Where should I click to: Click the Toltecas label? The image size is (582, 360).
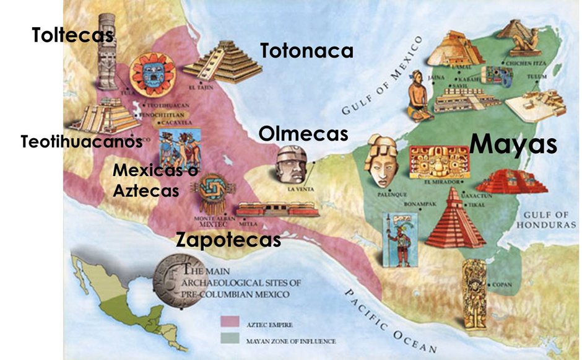(72, 35)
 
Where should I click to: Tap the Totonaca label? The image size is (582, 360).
(306, 51)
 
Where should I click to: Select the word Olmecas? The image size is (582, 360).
(303, 133)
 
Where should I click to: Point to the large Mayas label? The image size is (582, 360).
(513, 144)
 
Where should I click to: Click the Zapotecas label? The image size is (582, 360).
(228, 239)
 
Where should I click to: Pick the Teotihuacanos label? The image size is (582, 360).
(81, 141)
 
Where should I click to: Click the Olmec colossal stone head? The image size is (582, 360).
(290, 164)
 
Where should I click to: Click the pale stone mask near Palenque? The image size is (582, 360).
(381, 160)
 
